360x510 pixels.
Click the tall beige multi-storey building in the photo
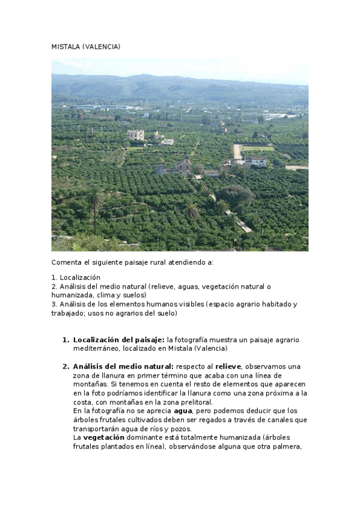click(136, 135)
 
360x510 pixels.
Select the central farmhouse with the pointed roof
click(183, 165)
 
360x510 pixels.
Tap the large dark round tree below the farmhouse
click(236, 195)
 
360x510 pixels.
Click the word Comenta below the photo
click(67, 263)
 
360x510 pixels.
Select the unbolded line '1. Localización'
click(76, 277)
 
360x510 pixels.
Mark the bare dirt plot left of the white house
click(237, 152)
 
